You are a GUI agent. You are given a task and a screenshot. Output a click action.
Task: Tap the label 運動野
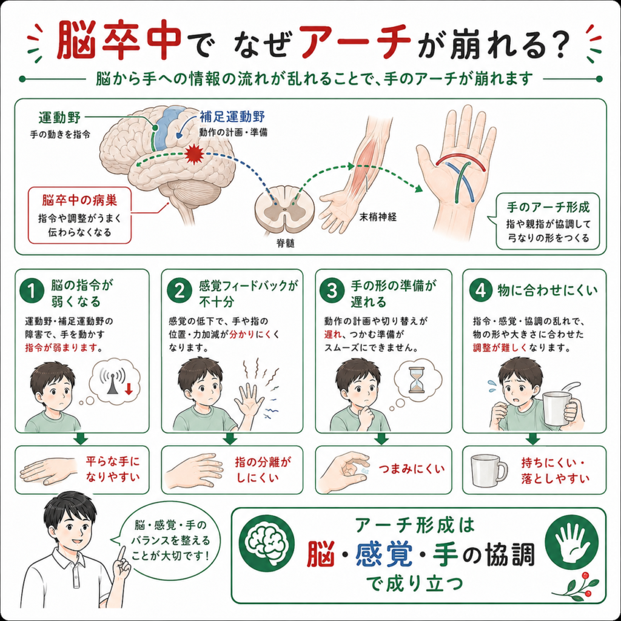[60, 118]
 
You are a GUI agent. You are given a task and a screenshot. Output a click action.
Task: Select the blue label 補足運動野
[232, 116]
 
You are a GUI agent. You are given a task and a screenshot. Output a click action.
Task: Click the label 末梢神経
[378, 217]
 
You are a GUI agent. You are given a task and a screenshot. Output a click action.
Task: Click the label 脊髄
[285, 243]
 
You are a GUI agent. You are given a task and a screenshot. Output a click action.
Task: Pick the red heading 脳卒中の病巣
[79, 200]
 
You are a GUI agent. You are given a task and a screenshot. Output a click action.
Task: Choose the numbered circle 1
[32, 292]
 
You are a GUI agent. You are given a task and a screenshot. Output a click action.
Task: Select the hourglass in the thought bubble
[416, 380]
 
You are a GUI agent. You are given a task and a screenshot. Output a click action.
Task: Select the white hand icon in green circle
[571, 541]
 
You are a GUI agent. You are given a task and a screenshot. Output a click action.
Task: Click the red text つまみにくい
[412, 469]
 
